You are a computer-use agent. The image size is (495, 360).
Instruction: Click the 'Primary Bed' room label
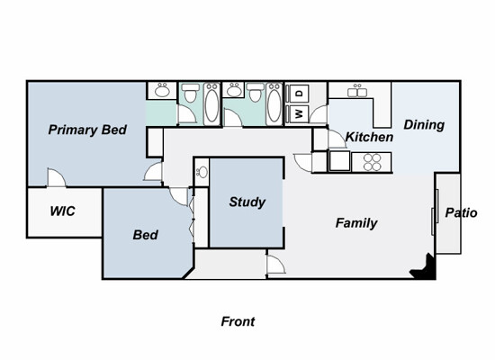click(x=87, y=130)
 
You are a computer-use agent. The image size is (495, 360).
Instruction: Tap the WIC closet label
click(x=62, y=211)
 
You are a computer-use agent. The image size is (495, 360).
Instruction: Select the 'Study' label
click(x=247, y=202)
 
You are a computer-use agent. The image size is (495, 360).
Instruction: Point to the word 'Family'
click(x=356, y=223)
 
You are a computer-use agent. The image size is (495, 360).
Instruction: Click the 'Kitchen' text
click(x=369, y=137)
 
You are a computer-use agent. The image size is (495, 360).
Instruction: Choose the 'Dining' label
click(x=424, y=125)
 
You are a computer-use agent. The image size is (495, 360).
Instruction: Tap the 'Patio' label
click(x=461, y=212)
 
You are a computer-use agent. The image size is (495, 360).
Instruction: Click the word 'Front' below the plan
click(x=238, y=321)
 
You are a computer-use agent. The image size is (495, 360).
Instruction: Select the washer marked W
click(x=299, y=114)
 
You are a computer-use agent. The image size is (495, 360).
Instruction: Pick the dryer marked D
click(x=299, y=94)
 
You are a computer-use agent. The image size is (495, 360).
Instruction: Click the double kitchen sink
click(x=357, y=92)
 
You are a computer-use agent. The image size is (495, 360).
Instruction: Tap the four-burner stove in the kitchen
click(x=372, y=162)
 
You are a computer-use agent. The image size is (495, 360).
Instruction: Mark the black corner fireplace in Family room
click(x=424, y=267)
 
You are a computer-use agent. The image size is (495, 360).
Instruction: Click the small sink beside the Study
click(x=202, y=173)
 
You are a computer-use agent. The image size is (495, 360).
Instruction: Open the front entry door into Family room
click(x=276, y=264)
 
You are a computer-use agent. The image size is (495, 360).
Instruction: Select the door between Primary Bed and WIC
click(x=57, y=177)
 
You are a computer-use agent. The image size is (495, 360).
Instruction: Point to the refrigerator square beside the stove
click(x=339, y=161)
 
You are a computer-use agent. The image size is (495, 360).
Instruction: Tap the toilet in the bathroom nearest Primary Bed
click(x=191, y=93)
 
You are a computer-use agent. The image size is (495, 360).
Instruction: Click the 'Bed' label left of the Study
click(x=146, y=235)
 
